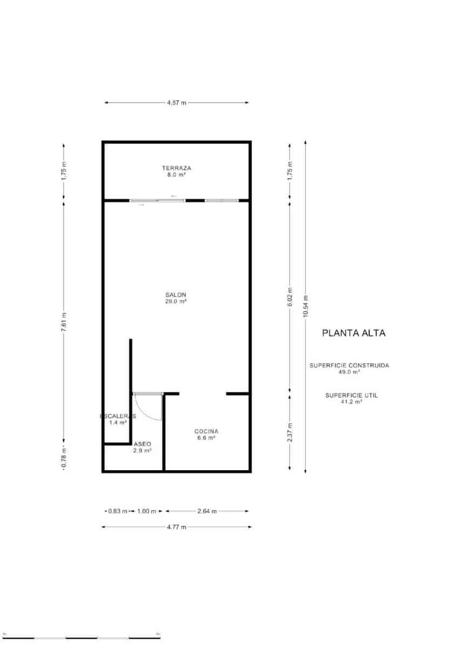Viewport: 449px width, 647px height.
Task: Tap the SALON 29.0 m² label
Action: pyautogui.click(x=176, y=298)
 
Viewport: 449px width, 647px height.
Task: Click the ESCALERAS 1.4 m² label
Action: pyautogui.click(x=118, y=419)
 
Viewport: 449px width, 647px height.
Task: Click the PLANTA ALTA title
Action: pyautogui.click(x=353, y=333)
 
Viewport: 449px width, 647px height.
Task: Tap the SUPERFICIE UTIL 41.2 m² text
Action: pyautogui.click(x=351, y=398)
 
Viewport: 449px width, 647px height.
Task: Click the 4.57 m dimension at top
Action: pyautogui.click(x=176, y=102)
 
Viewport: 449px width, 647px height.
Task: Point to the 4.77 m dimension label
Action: pyautogui.click(x=176, y=527)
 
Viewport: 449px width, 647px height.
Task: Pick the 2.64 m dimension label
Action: pyautogui.click(x=207, y=511)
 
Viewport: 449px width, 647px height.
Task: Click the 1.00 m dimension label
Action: pyautogui.click(x=146, y=511)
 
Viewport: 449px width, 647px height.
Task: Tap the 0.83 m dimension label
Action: pyautogui.click(x=118, y=511)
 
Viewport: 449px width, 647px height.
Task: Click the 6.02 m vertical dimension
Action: pyautogui.click(x=290, y=297)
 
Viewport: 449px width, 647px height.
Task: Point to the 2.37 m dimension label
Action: pyautogui.click(x=290, y=432)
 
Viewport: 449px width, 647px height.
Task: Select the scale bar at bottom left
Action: pyautogui.click(x=81, y=637)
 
